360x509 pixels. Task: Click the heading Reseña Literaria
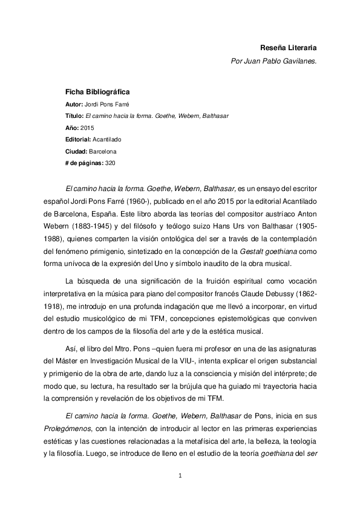pyautogui.click(x=288, y=47)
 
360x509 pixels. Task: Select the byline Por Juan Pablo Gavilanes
pyautogui.click(x=274, y=61)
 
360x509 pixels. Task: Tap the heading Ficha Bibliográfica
pyautogui.click(x=97, y=92)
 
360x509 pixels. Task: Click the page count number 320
pyautogui.click(x=110, y=163)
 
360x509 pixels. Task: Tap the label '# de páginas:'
pyautogui.click(x=84, y=163)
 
